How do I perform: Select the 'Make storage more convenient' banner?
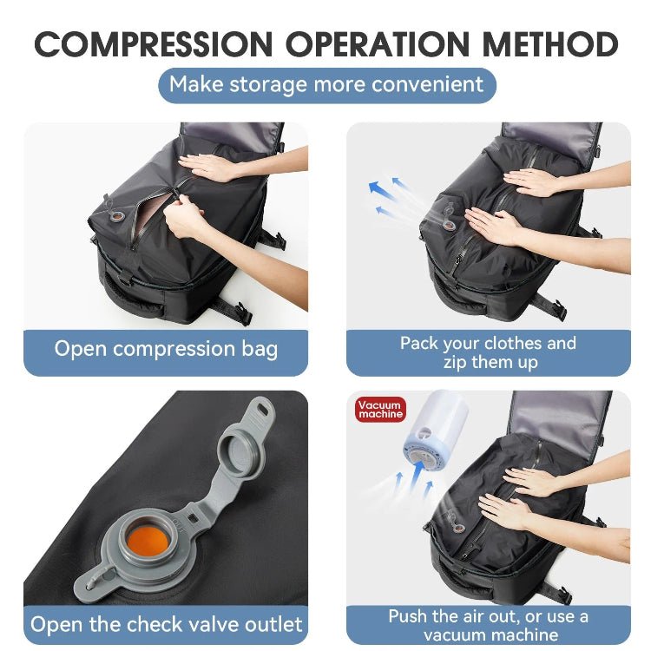click(325, 84)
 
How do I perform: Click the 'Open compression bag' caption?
click(166, 349)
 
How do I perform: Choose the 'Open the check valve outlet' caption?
click(166, 623)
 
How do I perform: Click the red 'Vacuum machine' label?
click(380, 409)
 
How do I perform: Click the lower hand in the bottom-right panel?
click(508, 512)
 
